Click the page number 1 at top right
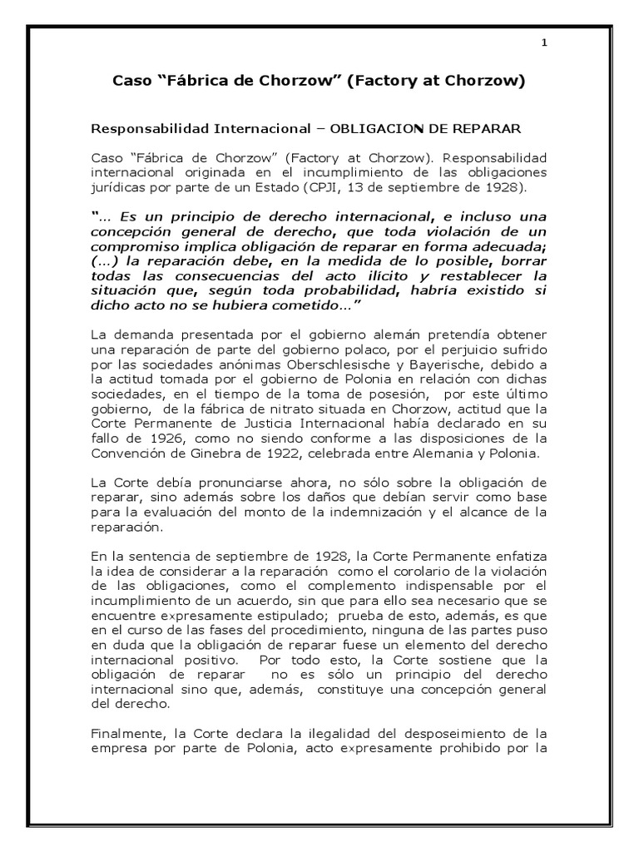(x=542, y=44)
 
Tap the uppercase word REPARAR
(x=485, y=130)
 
